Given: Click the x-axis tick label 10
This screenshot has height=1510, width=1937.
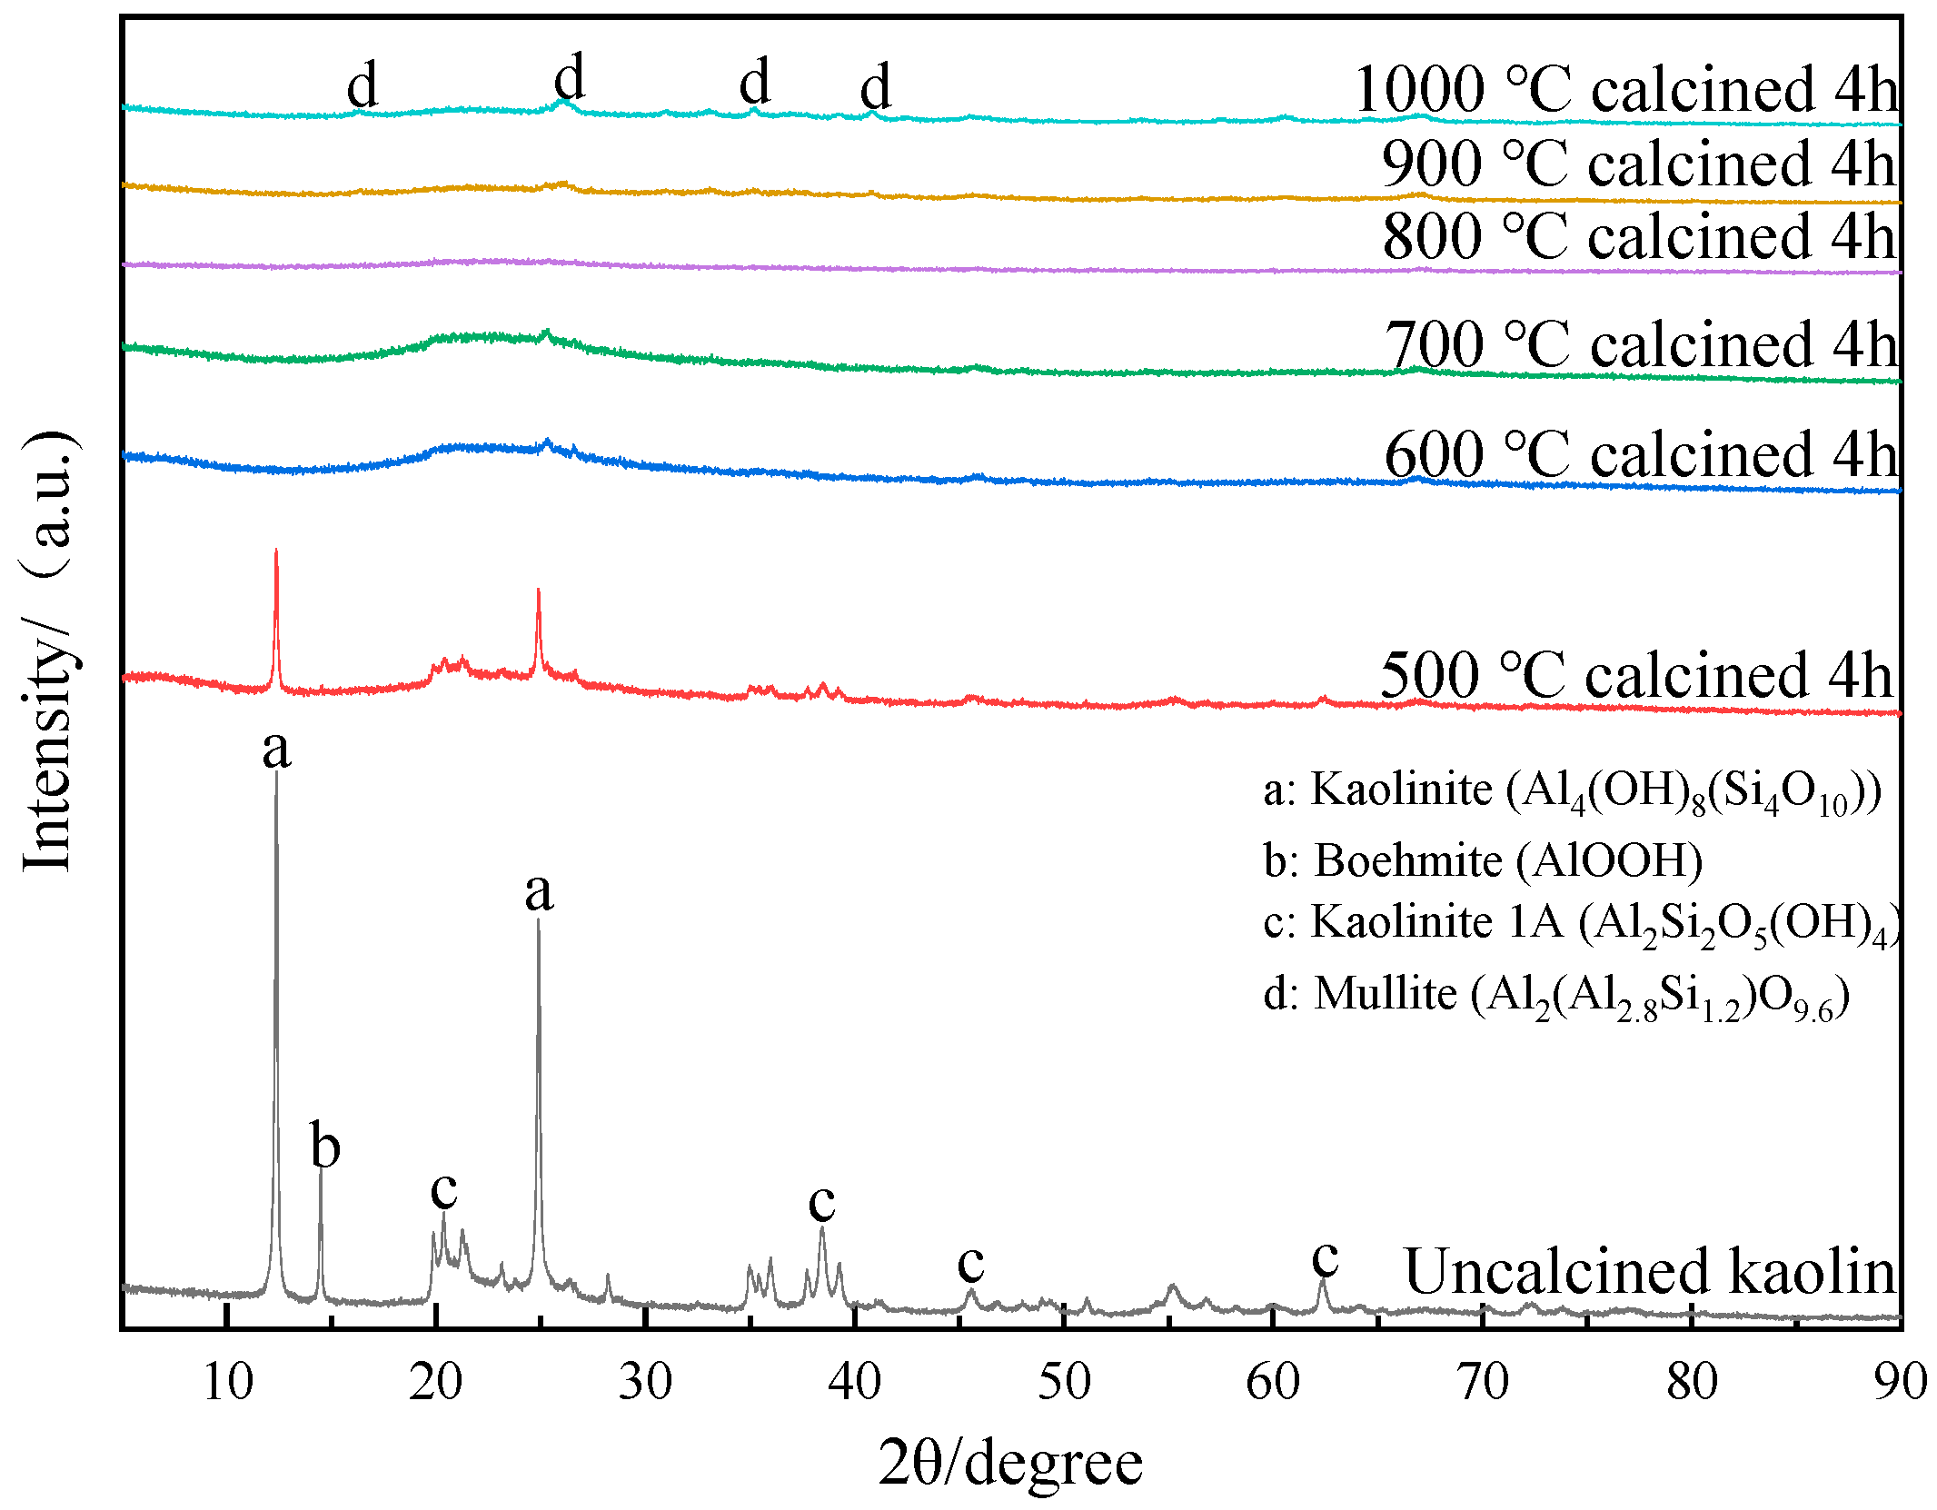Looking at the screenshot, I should pyautogui.click(x=227, y=1383).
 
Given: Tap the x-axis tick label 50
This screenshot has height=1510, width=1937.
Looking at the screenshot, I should pyautogui.click(x=1064, y=1383).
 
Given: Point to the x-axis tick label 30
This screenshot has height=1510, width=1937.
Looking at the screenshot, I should pyautogui.click(x=645, y=1383).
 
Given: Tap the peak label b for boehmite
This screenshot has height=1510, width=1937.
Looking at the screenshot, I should pyautogui.click(x=325, y=1147).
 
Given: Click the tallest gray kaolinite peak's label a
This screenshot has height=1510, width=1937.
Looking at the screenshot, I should pyautogui.click(x=276, y=750).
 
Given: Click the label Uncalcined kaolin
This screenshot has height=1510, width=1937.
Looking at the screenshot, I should pyautogui.click(x=1650, y=1271).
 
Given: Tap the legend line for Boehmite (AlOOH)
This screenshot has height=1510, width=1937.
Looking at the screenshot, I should pyautogui.click(x=1483, y=860).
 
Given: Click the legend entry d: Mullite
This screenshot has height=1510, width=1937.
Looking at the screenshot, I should pyautogui.click(x=1555, y=996).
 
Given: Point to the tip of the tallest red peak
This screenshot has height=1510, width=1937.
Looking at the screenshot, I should pyautogui.click(x=276, y=551).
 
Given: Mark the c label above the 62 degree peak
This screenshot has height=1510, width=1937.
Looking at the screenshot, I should pyautogui.click(x=1325, y=1258).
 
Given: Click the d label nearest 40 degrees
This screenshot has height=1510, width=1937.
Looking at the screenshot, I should pyautogui.click(x=876, y=88).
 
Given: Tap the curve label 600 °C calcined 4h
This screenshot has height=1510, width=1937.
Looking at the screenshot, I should pyautogui.click(x=1640, y=454).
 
